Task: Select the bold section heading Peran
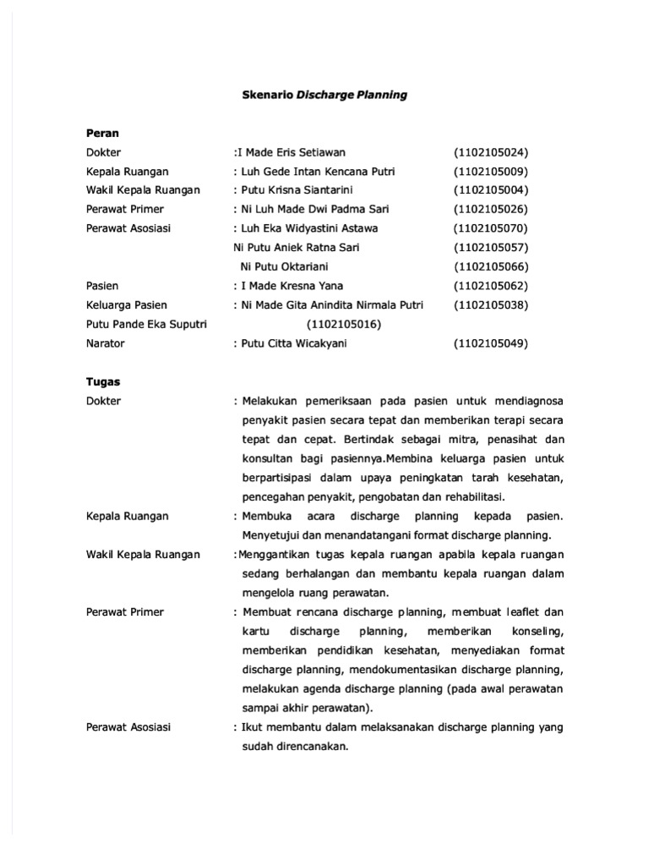[102, 133]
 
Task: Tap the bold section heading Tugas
[103, 381]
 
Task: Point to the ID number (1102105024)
[490, 152]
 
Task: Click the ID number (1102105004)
[490, 190]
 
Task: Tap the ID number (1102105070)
[490, 228]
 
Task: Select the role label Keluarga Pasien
[127, 304]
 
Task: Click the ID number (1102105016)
[344, 324]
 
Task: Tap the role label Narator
[106, 343]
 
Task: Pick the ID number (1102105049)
[490, 343]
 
